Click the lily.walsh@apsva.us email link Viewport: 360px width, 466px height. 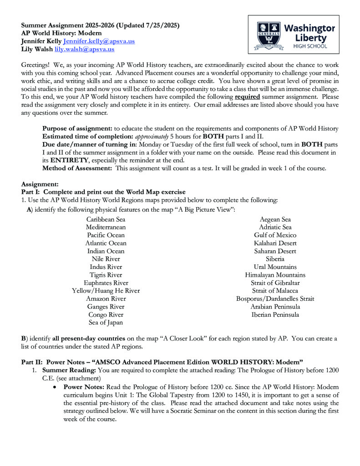tap(84, 49)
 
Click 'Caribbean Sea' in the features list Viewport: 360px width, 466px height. tap(106, 219)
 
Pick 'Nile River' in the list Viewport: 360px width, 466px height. tap(106, 259)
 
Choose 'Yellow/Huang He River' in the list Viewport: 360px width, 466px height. tap(106, 291)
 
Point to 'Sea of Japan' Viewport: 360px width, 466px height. tap(106, 323)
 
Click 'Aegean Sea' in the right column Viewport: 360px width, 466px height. tap(275, 219)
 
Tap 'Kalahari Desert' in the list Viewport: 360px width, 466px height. tap(275, 243)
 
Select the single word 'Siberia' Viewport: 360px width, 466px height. tap(275, 259)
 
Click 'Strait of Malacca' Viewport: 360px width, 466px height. tap(275, 291)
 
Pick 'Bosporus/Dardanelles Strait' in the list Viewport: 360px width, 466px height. tap(275, 299)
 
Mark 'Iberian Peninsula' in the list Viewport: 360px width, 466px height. tap(275, 315)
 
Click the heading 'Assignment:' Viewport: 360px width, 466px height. tap(40, 184)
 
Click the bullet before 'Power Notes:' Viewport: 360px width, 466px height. tap(55, 387)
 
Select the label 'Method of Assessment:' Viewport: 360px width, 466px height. tap(77, 168)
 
